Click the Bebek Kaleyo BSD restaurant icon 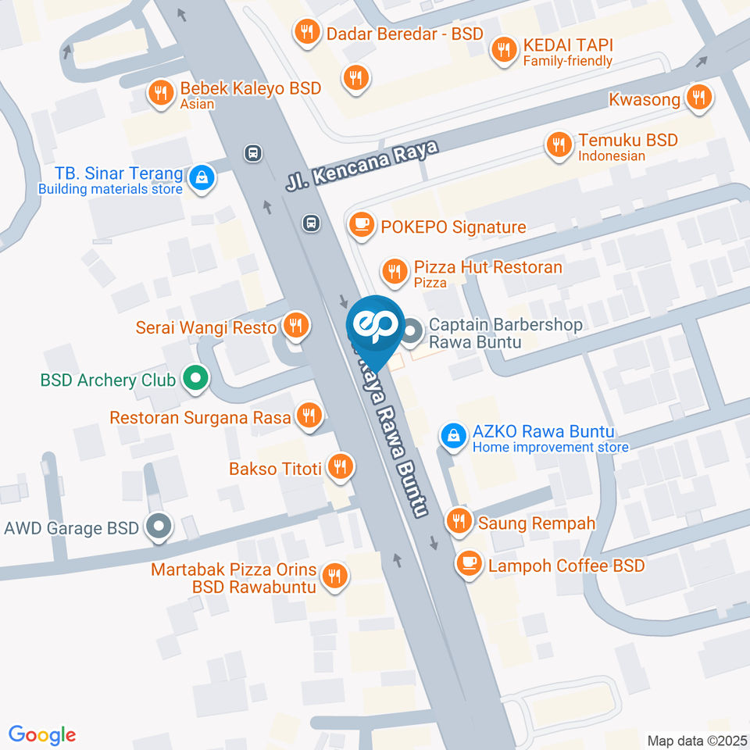pos(161,93)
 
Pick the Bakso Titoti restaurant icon pos(340,467)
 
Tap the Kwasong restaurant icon pos(698,98)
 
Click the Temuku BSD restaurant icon pos(559,145)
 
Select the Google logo pos(42,735)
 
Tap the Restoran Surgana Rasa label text pos(200,417)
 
